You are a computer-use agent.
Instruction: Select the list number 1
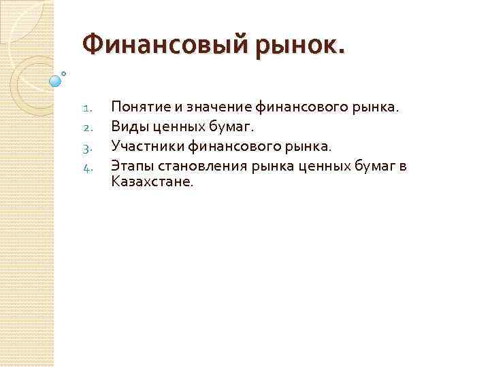pos(86,107)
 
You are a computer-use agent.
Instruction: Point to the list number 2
pos(86,126)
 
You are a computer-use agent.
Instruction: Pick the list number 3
pos(86,145)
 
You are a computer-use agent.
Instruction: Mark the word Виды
pos(127,126)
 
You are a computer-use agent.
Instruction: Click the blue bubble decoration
pos(55,81)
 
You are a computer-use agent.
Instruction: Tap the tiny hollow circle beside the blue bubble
pos(63,73)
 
